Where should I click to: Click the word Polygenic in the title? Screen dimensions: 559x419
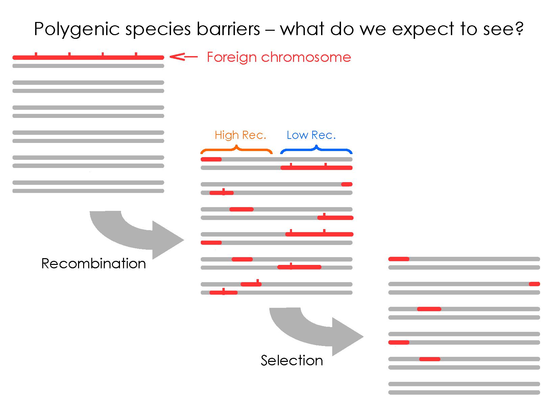77,29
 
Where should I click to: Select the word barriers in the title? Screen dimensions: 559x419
228,28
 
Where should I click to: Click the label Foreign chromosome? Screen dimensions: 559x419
279,57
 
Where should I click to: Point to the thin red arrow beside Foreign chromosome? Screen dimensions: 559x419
184,56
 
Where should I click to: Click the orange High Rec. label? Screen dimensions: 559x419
240,135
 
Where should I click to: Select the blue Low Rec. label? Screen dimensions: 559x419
311,135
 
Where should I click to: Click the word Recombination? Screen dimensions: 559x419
94,264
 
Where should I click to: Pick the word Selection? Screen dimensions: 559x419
292,361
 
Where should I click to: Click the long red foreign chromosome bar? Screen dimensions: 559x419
88,57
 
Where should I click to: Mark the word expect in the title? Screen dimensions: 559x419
423,29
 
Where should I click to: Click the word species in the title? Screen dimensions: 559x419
158,29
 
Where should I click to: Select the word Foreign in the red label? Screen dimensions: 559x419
232,57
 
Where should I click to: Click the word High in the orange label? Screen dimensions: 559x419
226,135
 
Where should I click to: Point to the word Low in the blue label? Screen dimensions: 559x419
297,135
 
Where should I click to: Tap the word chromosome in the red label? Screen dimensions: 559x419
306,57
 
